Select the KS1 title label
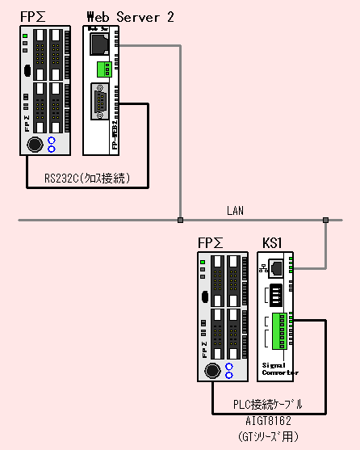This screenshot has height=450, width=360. point(273,242)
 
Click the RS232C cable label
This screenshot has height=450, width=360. point(86,178)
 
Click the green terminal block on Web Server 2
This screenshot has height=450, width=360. point(101,70)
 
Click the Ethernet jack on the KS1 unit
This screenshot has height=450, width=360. point(276,266)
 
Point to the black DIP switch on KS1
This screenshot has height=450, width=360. point(277,292)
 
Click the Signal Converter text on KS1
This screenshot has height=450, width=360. point(279,368)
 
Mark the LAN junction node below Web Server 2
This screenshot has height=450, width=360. point(181,219)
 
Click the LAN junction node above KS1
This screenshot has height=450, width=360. point(325,219)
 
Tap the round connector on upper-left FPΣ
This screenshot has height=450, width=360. point(35,145)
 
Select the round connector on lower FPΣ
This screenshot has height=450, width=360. point(211,370)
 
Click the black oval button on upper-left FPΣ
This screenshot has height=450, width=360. point(27,71)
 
